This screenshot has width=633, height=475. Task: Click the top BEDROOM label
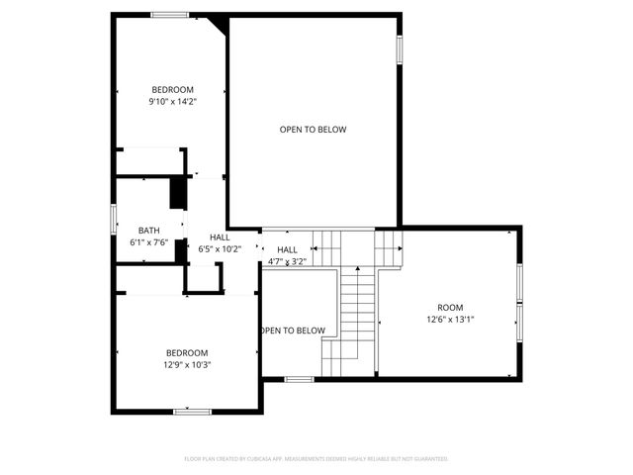(172, 89)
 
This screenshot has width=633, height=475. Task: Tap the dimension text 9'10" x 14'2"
(172, 101)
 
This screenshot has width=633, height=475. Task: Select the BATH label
(148, 231)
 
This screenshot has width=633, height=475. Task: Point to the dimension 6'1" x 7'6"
(148, 242)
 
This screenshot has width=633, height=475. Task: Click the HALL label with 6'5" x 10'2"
(220, 237)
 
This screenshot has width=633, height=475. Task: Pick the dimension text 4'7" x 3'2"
(287, 262)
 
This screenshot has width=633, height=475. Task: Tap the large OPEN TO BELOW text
(313, 130)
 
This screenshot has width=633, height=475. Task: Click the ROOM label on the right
(450, 308)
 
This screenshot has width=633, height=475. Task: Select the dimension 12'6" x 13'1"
(450, 320)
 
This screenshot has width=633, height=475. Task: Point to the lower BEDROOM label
(186, 353)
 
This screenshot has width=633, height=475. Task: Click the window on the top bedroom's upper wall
(170, 14)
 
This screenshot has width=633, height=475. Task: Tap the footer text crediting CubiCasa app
(316, 459)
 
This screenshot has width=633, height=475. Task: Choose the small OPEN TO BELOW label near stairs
(294, 331)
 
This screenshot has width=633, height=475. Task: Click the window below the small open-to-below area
(299, 379)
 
